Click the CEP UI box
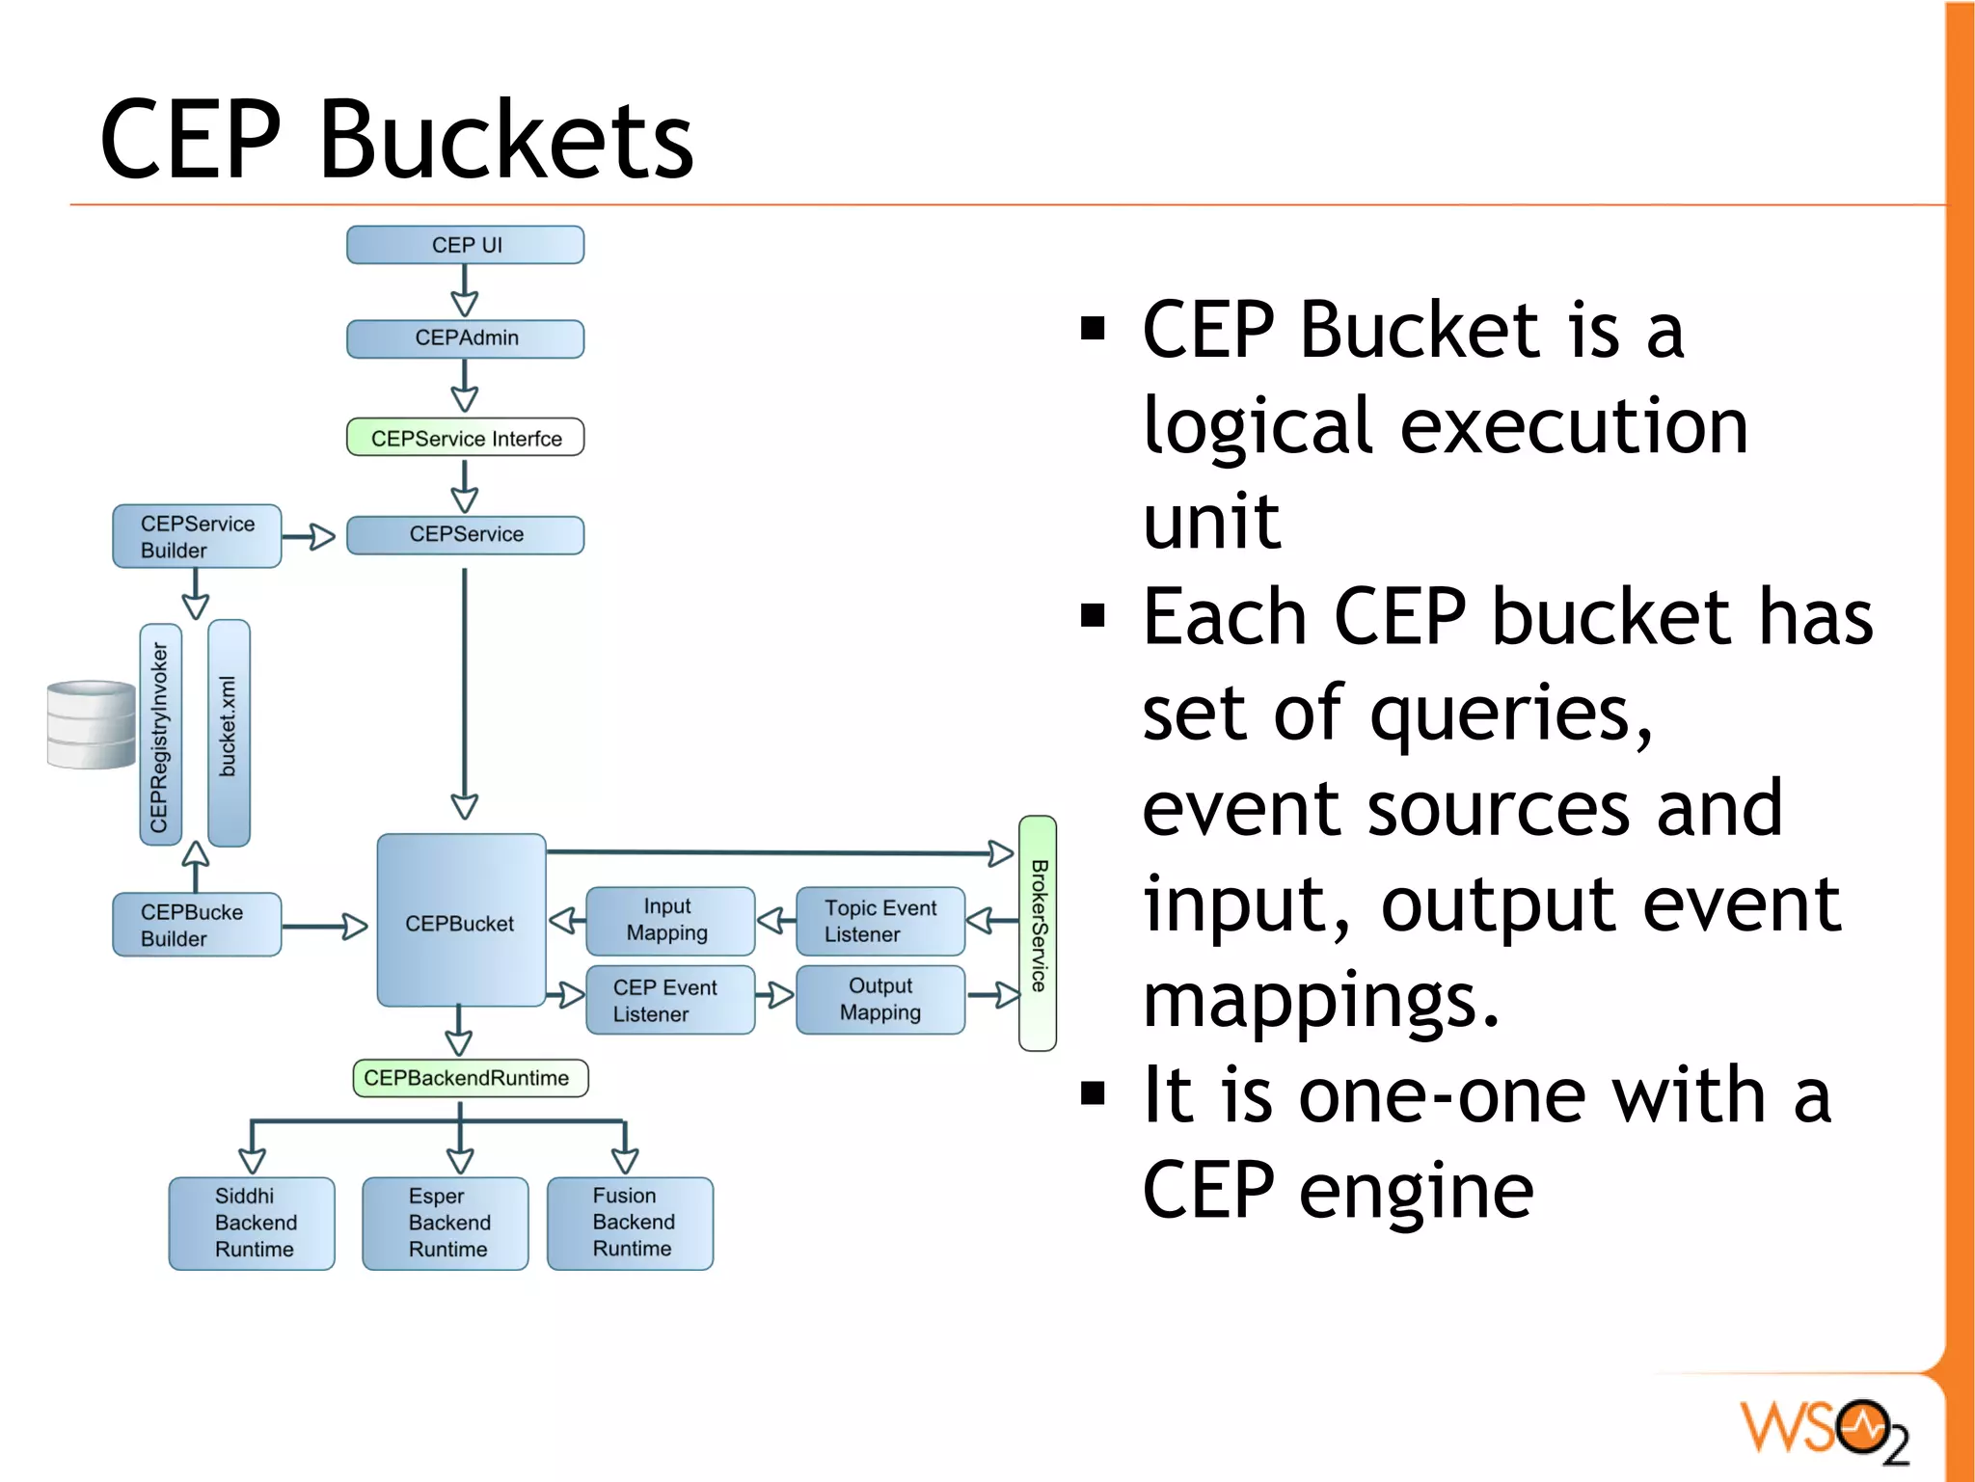pyautogui.click(x=465, y=245)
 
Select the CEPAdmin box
pyautogui.click(x=465, y=338)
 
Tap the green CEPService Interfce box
pyautogui.click(x=465, y=438)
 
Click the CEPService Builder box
pyautogui.click(x=197, y=536)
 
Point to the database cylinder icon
pyautogui.click(x=92, y=725)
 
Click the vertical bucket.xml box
pyautogui.click(x=229, y=733)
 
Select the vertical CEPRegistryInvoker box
pyautogui.click(x=160, y=735)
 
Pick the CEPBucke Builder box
pyautogui.click(x=197, y=925)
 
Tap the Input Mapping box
pyautogui.click(x=669, y=920)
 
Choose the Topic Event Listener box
pyautogui.click(x=879, y=921)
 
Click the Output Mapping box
pyautogui.click(x=879, y=999)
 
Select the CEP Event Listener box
pyautogui.click(x=669, y=1000)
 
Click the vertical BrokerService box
pyautogui.click(x=1038, y=932)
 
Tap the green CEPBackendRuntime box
pyautogui.click(x=470, y=1078)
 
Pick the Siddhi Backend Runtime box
pyautogui.click(x=252, y=1223)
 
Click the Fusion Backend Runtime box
pyautogui.click(x=630, y=1223)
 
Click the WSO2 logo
pyautogui.click(x=1823, y=1429)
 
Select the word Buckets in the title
pyautogui.click(x=505, y=141)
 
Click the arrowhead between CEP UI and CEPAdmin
pyautogui.click(x=465, y=304)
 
